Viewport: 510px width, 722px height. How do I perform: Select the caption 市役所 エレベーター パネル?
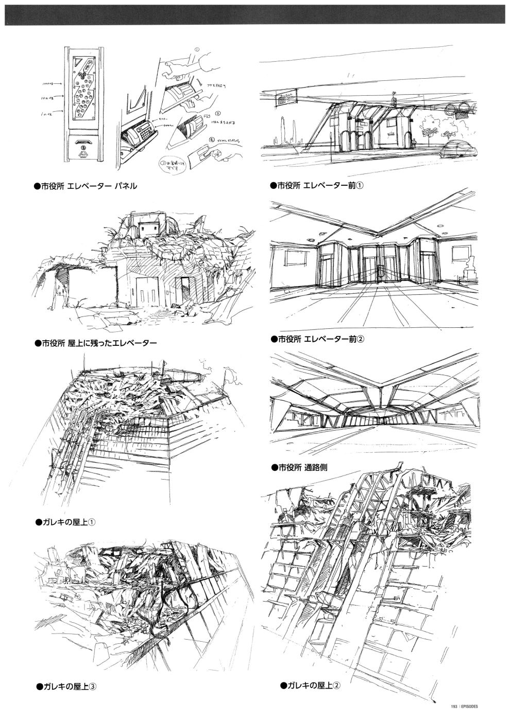(x=86, y=187)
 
